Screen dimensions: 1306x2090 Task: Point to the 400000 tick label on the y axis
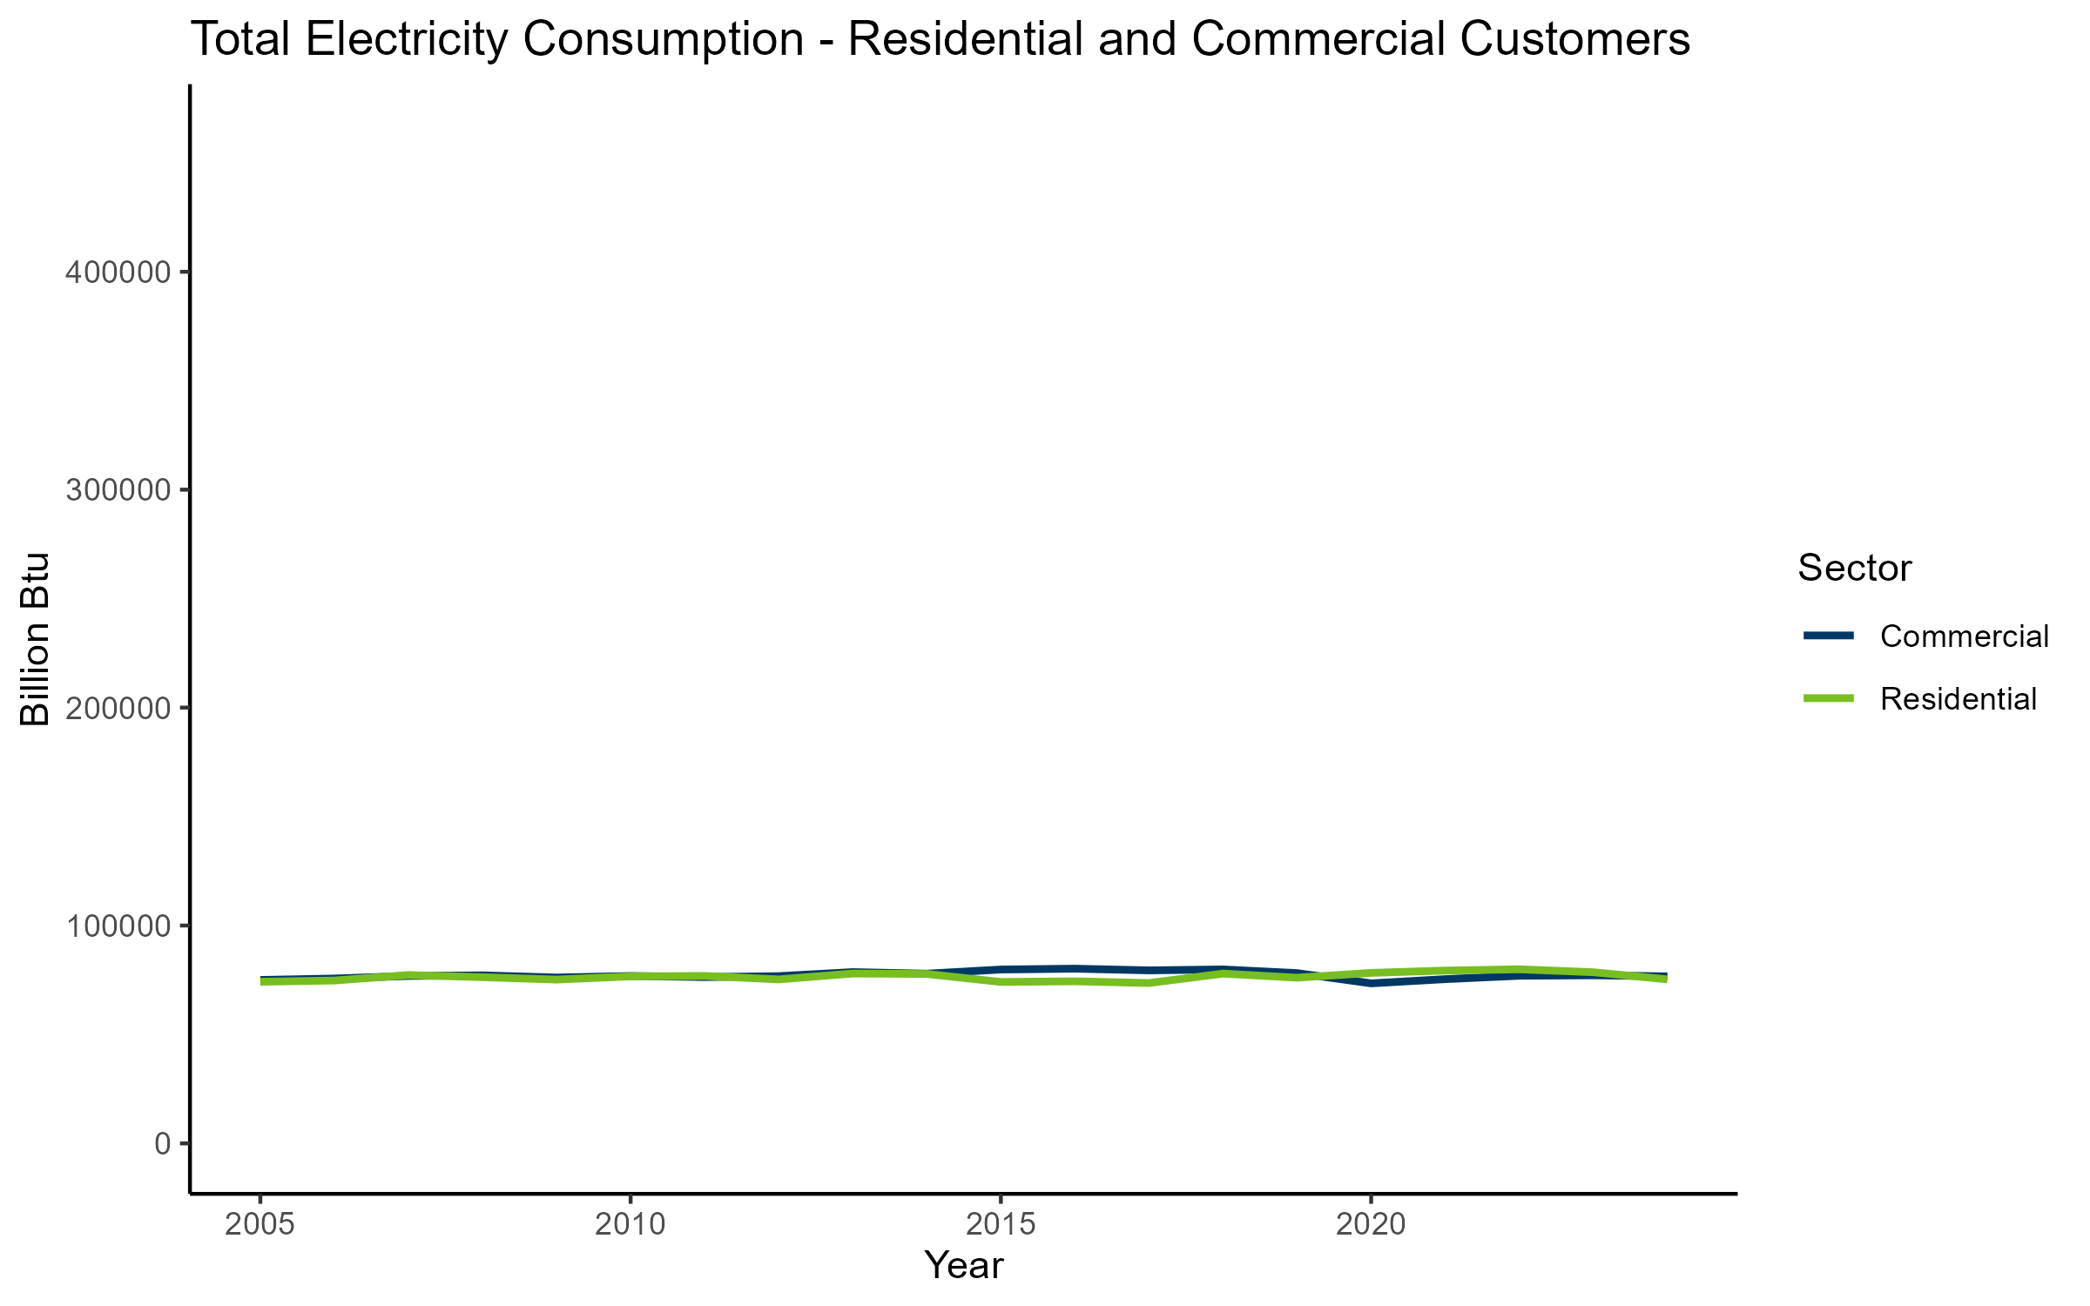(x=118, y=273)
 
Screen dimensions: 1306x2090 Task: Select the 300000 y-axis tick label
(x=118, y=490)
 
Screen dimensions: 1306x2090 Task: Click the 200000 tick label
(x=118, y=708)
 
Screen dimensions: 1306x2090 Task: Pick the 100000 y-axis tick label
(x=118, y=926)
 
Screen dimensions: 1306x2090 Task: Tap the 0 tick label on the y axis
(x=163, y=1143)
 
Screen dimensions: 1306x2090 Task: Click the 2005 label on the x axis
(x=260, y=1225)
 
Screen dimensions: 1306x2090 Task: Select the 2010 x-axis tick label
(x=630, y=1225)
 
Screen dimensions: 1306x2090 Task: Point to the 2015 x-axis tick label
(x=1001, y=1225)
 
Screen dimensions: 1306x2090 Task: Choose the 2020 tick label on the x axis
(x=1371, y=1225)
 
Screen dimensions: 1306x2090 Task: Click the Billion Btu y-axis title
(x=35, y=639)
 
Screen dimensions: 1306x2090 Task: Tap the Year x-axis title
(x=963, y=1265)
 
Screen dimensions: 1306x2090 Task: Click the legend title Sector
(x=1854, y=569)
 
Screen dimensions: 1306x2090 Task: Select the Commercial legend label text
(x=1964, y=636)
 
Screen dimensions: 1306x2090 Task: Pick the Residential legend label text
(x=1958, y=699)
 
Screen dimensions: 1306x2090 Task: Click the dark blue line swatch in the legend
(x=1829, y=636)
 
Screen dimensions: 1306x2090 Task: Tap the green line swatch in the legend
(x=1829, y=698)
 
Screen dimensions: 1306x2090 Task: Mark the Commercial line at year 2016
(x=1075, y=968)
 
